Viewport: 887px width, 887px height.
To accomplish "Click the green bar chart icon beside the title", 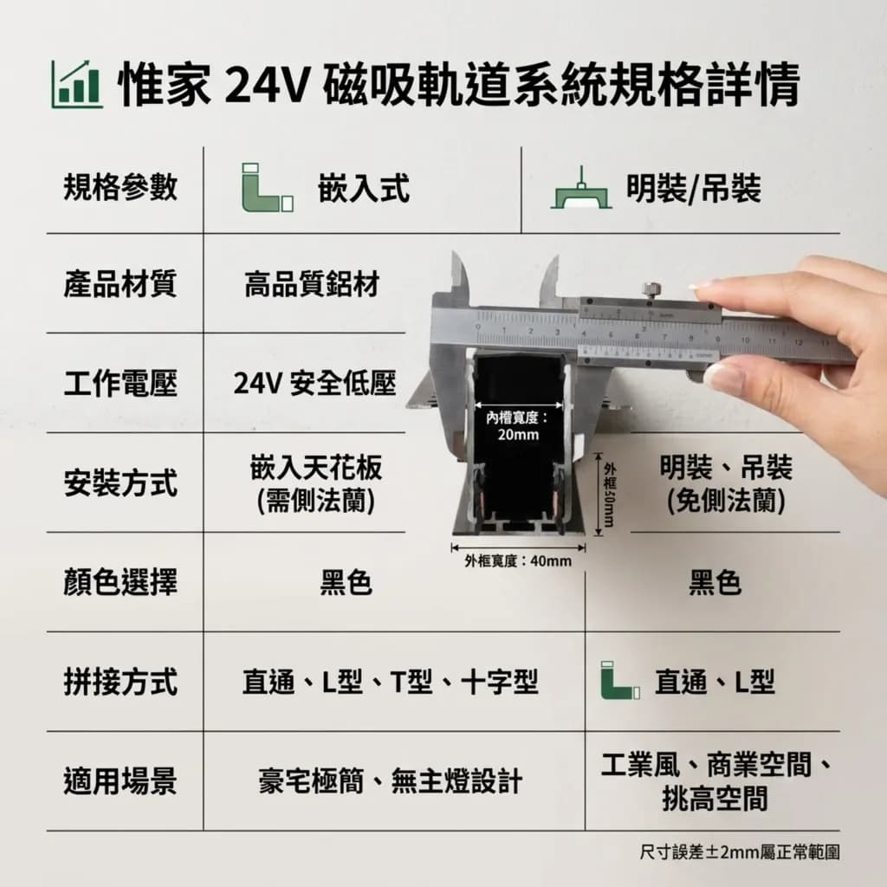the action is coord(77,84).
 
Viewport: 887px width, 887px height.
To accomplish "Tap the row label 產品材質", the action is coord(120,283).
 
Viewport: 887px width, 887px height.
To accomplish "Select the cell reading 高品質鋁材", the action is coord(312,283).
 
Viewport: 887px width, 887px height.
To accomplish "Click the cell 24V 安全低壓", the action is coord(314,384).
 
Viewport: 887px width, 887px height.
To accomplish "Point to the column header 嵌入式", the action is coord(364,188).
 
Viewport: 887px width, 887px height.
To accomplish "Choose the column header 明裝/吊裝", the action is coord(694,188).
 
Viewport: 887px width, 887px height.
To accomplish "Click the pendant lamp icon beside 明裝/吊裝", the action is coord(581,188).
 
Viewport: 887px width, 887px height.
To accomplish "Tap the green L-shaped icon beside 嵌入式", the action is coord(268,188).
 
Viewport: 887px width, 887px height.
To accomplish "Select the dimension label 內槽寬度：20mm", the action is coord(518,426).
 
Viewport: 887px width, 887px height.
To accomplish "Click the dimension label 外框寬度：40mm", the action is coord(518,560).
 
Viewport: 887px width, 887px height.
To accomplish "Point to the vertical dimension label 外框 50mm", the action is coord(609,494).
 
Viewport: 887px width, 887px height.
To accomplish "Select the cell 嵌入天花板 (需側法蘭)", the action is coord(315,483).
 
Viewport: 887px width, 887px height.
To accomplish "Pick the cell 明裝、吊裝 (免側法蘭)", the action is coord(726,483).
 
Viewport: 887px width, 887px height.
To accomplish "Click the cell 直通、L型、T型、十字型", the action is coord(391,682).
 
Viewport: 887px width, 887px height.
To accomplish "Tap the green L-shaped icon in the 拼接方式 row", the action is coord(620,680).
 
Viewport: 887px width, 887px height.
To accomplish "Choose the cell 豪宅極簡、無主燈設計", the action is coord(391,781).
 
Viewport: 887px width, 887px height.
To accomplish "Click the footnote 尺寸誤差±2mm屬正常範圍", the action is coord(740,852).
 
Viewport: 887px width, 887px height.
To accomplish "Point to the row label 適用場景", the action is coord(120,781).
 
